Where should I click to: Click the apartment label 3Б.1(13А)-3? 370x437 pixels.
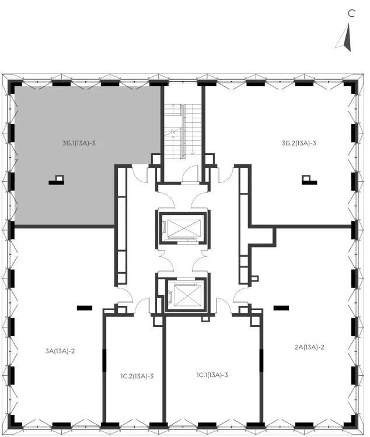click(x=79, y=143)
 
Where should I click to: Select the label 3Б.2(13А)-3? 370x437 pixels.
click(x=299, y=143)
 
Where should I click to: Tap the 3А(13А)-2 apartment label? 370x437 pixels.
click(x=60, y=351)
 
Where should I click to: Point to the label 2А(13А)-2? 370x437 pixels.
click(x=309, y=347)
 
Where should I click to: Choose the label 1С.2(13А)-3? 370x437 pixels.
click(x=137, y=376)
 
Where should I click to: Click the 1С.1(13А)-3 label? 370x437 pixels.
click(x=212, y=375)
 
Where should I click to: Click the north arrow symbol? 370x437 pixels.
click(x=344, y=37)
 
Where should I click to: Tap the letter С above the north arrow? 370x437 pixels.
click(x=351, y=13)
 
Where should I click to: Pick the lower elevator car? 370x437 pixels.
click(x=187, y=295)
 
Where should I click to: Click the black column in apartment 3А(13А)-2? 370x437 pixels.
click(x=85, y=308)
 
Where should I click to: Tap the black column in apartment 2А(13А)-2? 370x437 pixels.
click(x=281, y=308)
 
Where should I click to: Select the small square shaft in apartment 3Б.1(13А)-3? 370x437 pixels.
click(x=60, y=178)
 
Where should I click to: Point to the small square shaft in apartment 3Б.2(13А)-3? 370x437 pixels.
click(x=306, y=178)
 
